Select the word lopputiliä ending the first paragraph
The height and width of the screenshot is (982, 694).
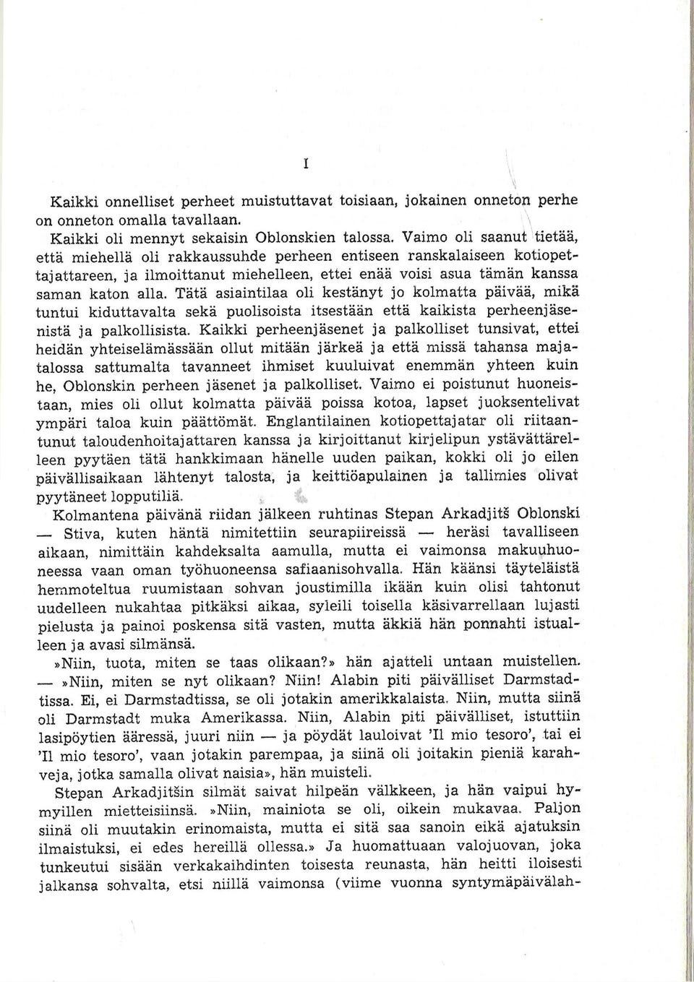click(147, 498)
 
